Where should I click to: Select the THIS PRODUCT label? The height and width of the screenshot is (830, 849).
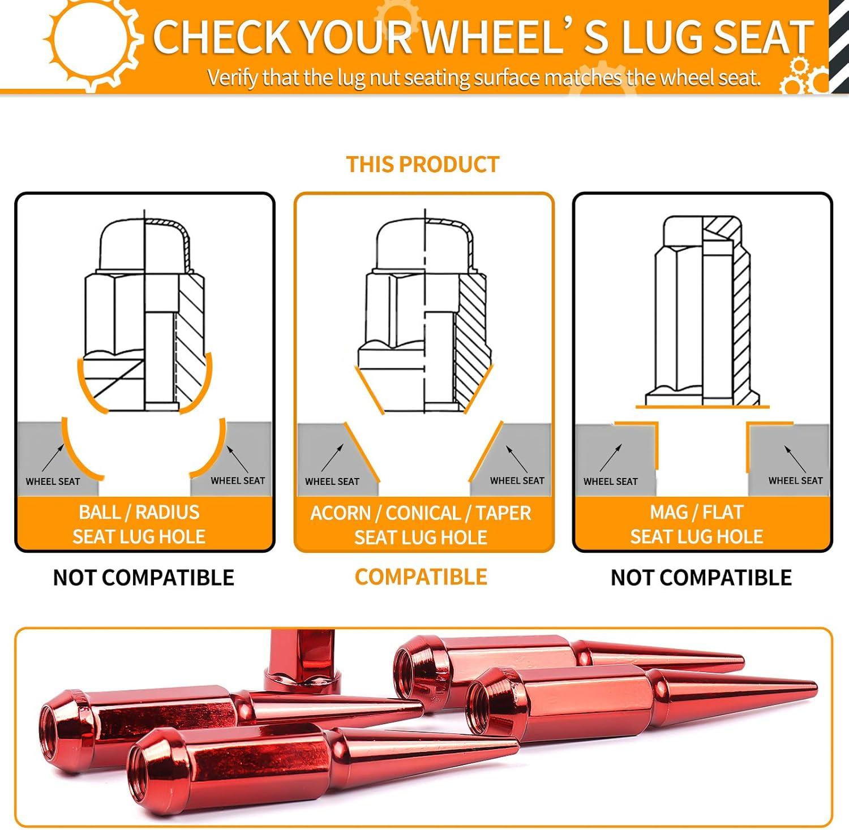pyautogui.click(x=423, y=164)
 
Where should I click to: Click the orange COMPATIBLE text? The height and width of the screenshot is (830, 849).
pyautogui.click(x=421, y=577)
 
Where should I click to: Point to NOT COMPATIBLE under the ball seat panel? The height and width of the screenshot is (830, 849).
pyautogui.click(x=144, y=577)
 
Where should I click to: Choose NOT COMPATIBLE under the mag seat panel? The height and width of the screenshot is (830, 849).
pyautogui.click(x=701, y=577)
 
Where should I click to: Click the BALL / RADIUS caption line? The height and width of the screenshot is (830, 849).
pyautogui.click(x=139, y=512)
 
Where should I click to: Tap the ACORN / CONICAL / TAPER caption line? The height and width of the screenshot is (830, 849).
pyautogui.click(x=421, y=513)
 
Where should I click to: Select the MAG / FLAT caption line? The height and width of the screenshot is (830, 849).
pyautogui.click(x=697, y=512)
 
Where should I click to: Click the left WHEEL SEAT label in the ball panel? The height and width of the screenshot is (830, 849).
pyautogui.click(x=53, y=481)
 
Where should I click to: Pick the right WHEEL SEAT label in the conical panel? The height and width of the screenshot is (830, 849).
pyautogui.click(x=517, y=480)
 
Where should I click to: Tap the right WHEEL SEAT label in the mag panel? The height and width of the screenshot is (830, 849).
pyautogui.click(x=796, y=480)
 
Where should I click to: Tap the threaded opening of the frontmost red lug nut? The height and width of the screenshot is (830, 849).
pyautogui.click(x=144, y=769)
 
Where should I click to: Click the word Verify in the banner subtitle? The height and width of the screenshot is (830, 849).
pyautogui.click(x=233, y=77)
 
